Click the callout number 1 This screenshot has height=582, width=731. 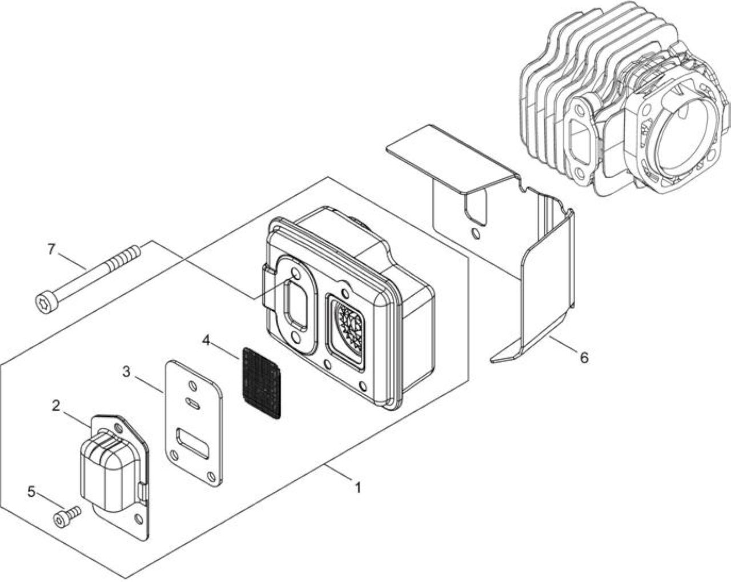pos(358,488)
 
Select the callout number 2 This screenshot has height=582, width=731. pos(56,406)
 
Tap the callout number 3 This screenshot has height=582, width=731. pos(126,372)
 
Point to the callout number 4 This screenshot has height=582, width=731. pos(206,340)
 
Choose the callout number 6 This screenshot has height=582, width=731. pos(584,357)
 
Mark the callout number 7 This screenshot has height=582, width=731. pos(51,250)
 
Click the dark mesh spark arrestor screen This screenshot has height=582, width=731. pos(262,382)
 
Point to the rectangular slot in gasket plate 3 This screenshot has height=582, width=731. pos(191,443)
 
